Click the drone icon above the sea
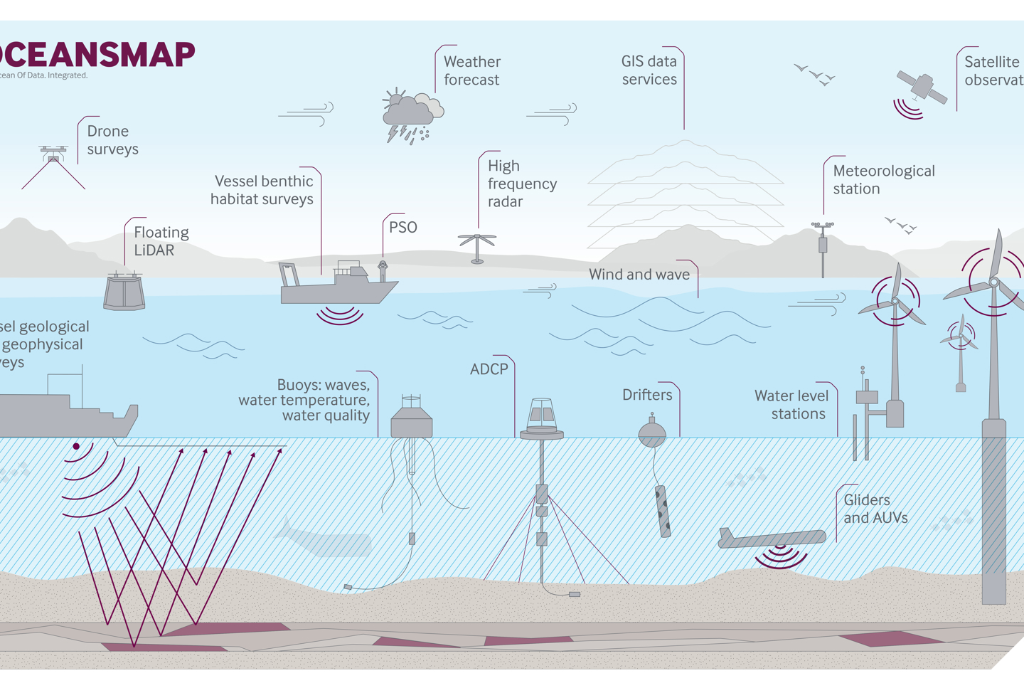click(x=53, y=152)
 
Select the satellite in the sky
click(x=922, y=87)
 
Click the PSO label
click(x=402, y=228)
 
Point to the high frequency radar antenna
click(x=476, y=246)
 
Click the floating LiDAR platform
click(x=124, y=291)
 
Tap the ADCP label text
click(x=489, y=369)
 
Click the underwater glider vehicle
click(x=772, y=538)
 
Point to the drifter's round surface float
click(x=652, y=433)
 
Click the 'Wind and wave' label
click(x=639, y=275)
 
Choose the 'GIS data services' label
click(x=649, y=70)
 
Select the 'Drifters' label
click(x=647, y=395)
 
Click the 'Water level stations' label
click(x=791, y=405)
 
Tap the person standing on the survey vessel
click(x=383, y=270)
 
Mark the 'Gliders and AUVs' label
click(x=875, y=509)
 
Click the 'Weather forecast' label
click(x=472, y=70)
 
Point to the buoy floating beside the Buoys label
click(x=412, y=419)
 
